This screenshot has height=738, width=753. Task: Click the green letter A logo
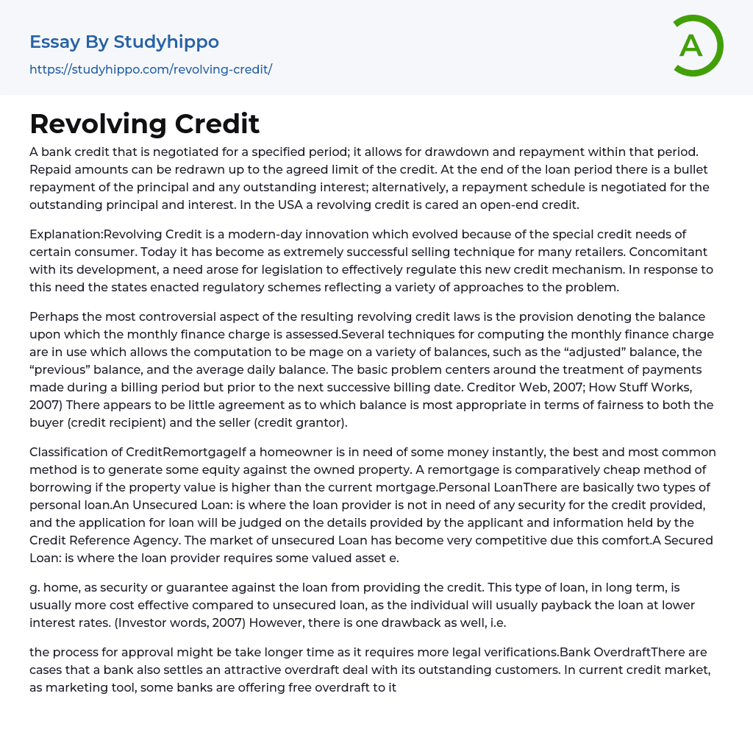coord(697,46)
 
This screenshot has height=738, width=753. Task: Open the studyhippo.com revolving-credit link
coord(151,69)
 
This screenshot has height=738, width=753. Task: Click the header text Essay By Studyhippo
coord(124,42)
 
